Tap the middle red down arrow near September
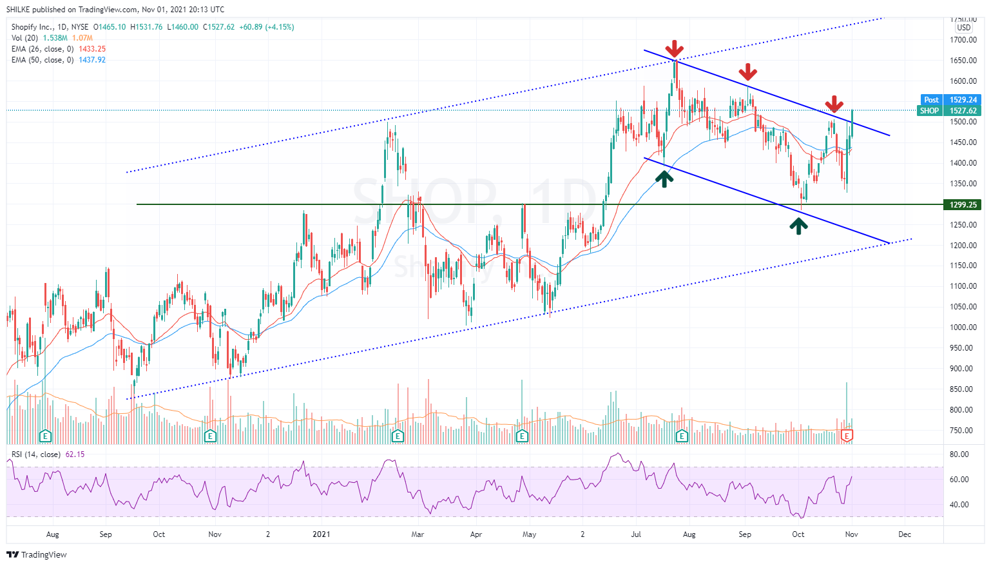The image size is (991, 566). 747,72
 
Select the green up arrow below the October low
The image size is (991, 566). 799,226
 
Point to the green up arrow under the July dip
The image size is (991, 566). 664,178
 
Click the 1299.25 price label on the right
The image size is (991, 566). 963,205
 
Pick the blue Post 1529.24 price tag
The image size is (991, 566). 950,100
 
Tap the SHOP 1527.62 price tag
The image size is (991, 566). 950,111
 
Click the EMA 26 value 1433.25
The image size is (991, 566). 92,49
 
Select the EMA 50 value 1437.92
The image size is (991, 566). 92,60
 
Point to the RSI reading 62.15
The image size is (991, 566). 75,454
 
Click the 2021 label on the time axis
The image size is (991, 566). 321,534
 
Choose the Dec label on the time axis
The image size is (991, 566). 905,534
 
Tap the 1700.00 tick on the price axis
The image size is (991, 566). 963,40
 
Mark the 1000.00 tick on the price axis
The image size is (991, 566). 963,327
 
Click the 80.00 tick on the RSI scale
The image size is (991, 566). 959,454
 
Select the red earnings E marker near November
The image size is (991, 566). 848,436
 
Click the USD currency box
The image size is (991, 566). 964,28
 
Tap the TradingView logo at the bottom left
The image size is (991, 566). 37,554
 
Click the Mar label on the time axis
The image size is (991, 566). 418,534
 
